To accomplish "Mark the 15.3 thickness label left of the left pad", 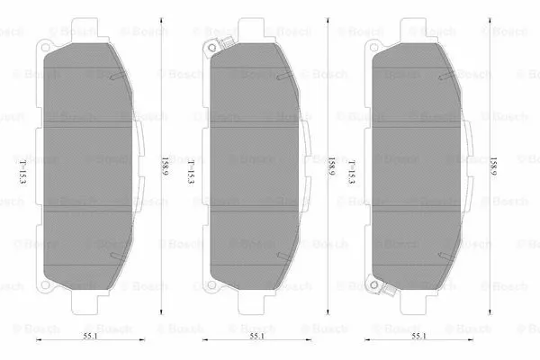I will click(x=22, y=170).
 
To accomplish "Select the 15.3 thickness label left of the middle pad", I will click(x=190, y=170).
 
